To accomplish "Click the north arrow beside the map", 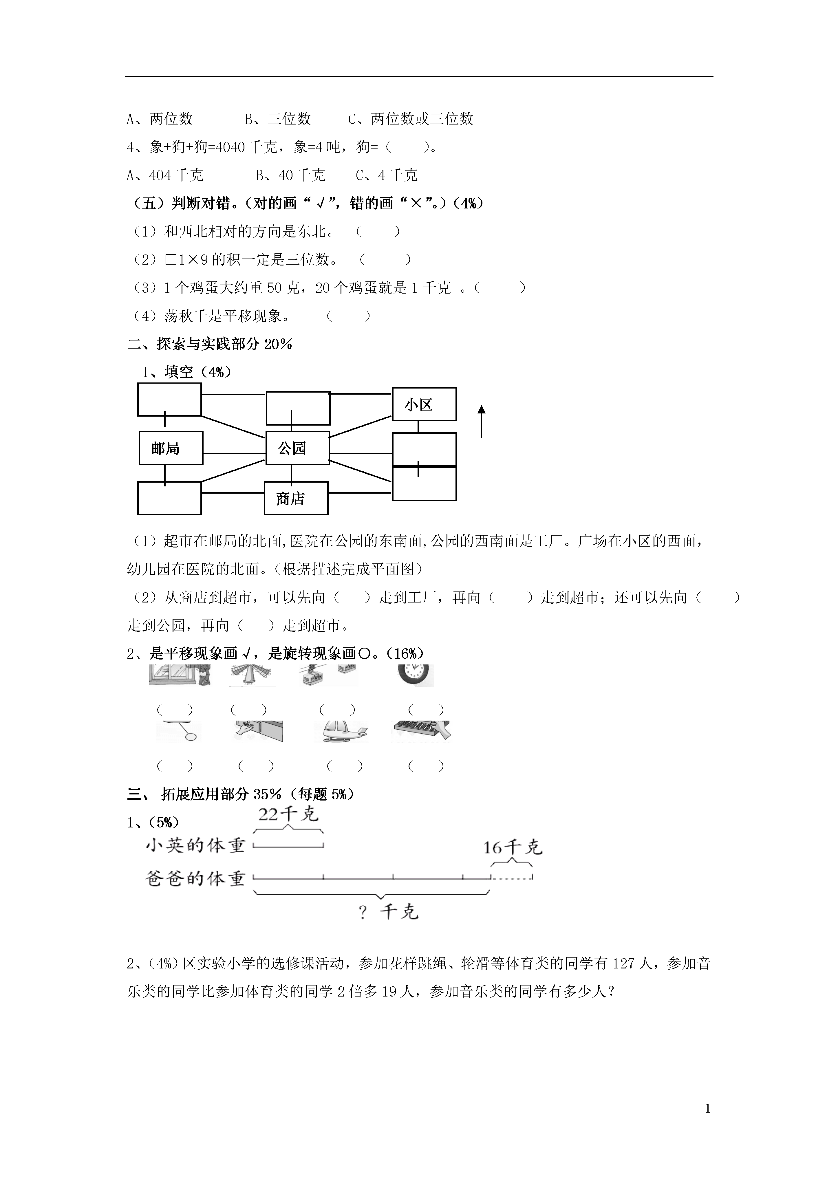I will click(x=481, y=421).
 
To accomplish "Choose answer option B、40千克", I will click(x=291, y=175).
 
